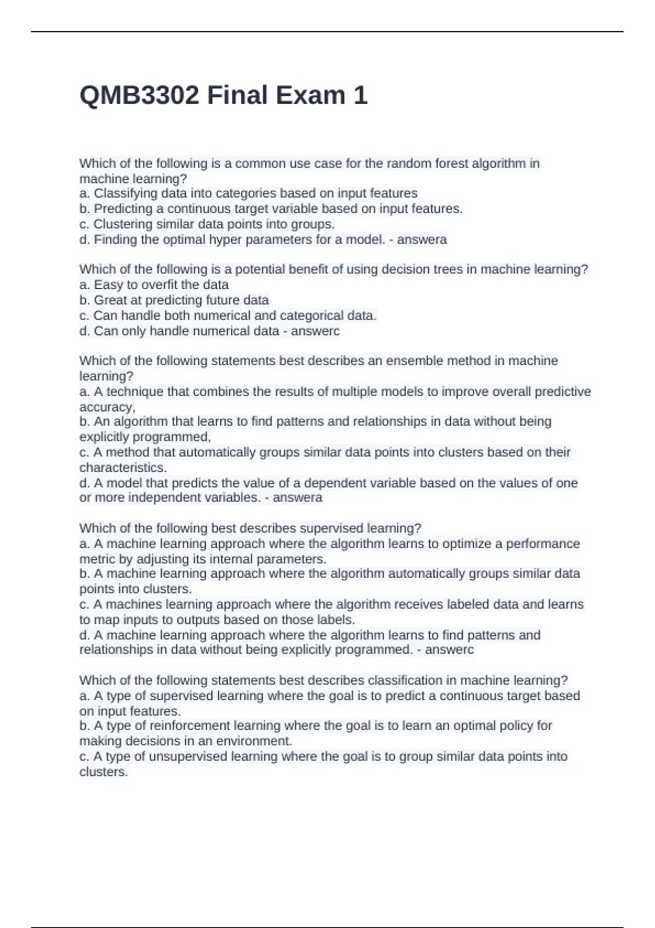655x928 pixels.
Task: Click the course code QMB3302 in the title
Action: coord(139,96)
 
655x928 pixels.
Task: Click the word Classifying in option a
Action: coord(124,193)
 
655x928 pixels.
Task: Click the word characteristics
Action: coord(123,467)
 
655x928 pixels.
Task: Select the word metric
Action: coord(97,559)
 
